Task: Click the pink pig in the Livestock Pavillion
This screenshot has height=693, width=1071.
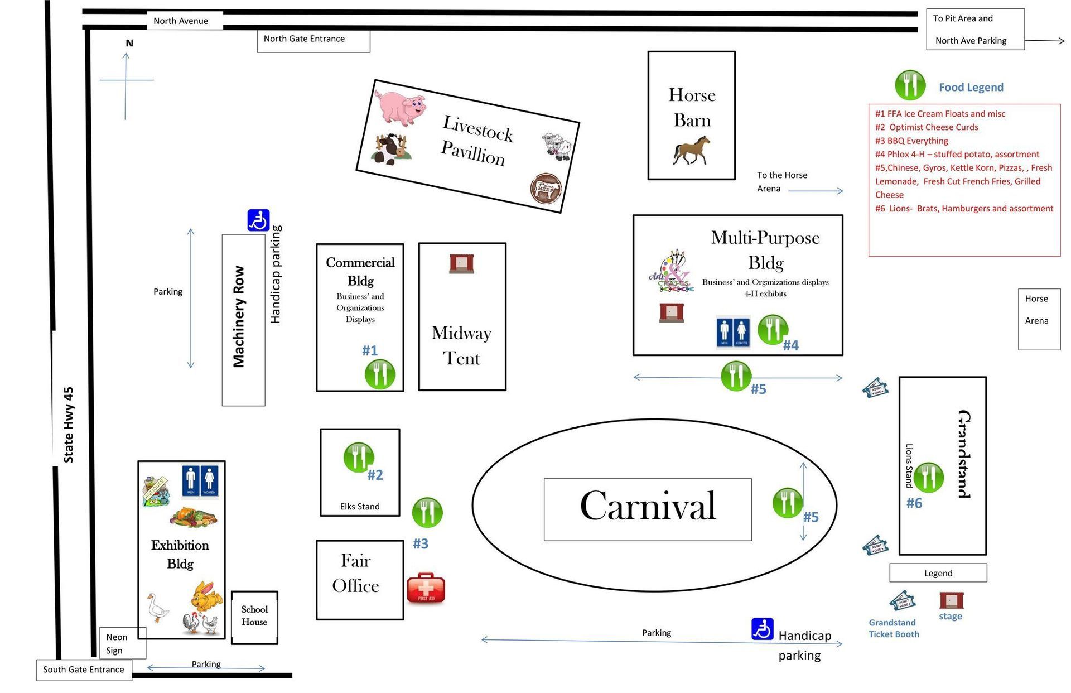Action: click(x=400, y=107)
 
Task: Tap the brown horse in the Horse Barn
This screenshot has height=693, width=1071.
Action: click(x=692, y=151)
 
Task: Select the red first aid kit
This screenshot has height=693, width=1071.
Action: click(x=426, y=588)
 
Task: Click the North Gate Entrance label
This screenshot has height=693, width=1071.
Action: click(x=304, y=38)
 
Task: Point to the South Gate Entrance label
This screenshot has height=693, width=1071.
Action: click(x=84, y=670)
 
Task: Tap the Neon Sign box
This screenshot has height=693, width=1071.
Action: click(x=123, y=643)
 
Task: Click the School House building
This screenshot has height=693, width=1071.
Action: click(x=254, y=618)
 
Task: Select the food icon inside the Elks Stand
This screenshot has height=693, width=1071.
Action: click(x=359, y=458)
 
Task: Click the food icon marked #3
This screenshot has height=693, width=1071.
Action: click(x=427, y=512)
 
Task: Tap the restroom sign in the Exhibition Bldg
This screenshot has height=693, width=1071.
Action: click(x=200, y=481)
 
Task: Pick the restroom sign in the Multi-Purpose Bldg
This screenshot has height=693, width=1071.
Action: click(x=733, y=333)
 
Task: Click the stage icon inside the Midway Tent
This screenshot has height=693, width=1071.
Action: click(x=461, y=264)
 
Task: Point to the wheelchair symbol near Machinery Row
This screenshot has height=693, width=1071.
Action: click(x=258, y=220)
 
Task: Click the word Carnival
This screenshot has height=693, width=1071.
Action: click(x=648, y=506)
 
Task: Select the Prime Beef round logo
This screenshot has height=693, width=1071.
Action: click(x=546, y=189)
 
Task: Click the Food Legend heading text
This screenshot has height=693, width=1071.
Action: click(x=971, y=87)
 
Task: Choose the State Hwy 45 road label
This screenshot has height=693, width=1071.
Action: click(x=68, y=425)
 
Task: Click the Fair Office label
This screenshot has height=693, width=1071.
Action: click(x=356, y=573)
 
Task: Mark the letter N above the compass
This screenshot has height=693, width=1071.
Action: click(x=129, y=43)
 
